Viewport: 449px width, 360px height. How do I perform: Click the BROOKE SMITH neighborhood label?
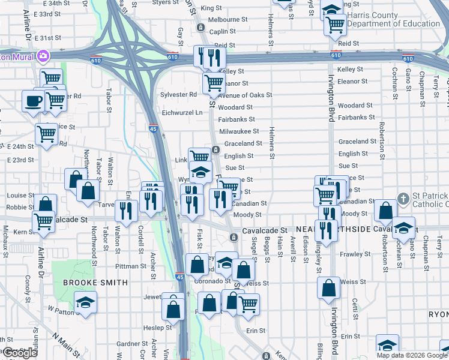point(96,283)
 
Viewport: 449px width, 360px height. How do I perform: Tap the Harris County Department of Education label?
point(397,19)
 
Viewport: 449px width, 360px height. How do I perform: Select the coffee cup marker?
point(33,100)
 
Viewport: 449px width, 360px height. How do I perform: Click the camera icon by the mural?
point(43,56)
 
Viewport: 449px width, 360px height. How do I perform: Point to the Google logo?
point(20,353)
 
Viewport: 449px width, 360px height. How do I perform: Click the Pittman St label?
point(131,266)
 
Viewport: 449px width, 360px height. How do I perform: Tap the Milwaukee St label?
point(239,131)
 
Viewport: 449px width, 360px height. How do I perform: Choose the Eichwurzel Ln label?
point(179,112)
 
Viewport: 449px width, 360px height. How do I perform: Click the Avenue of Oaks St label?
point(241,95)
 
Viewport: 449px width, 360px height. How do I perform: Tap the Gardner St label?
point(128,344)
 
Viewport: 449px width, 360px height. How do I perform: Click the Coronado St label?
point(211,281)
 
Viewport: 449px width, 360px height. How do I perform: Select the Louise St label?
point(20,196)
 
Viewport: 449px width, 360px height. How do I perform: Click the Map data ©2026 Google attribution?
point(412,355)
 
